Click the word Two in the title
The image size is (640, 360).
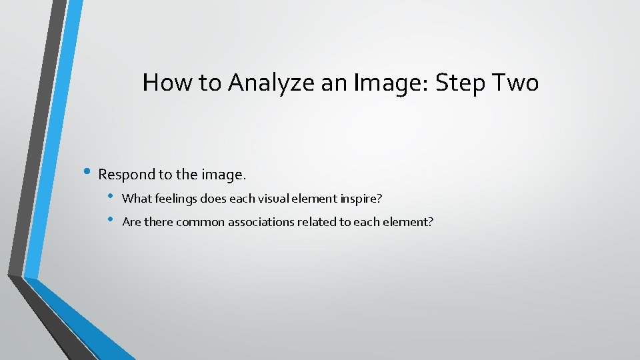[515, 83]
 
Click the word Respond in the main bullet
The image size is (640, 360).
[126, 175]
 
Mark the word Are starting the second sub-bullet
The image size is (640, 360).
[131, 222]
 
